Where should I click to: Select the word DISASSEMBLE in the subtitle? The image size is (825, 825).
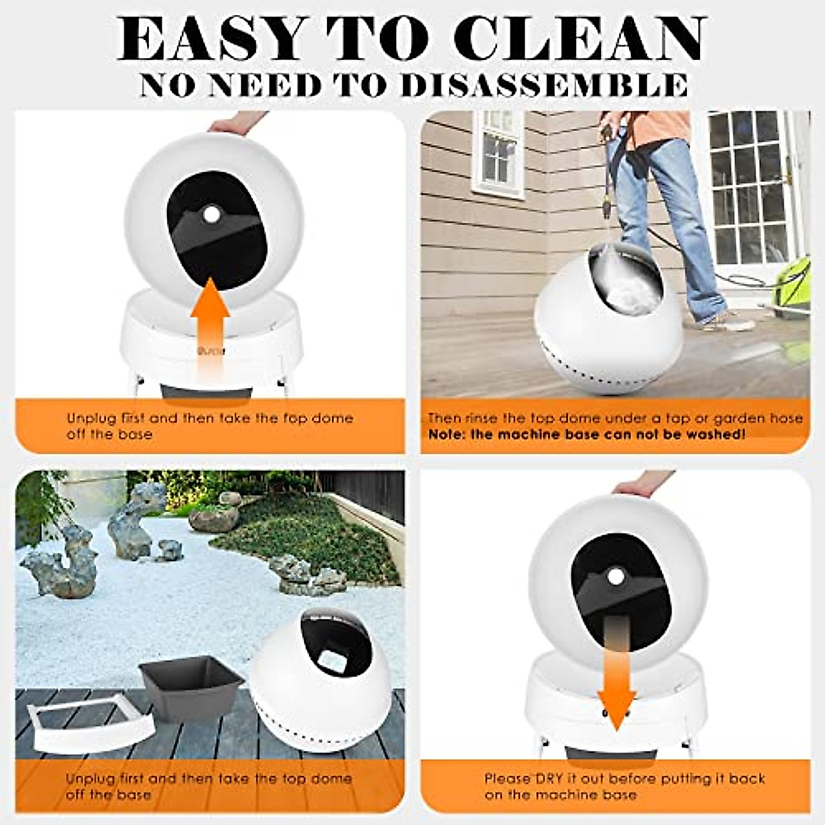coord(543,85)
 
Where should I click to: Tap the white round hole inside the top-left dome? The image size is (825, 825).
coord(210,216)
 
